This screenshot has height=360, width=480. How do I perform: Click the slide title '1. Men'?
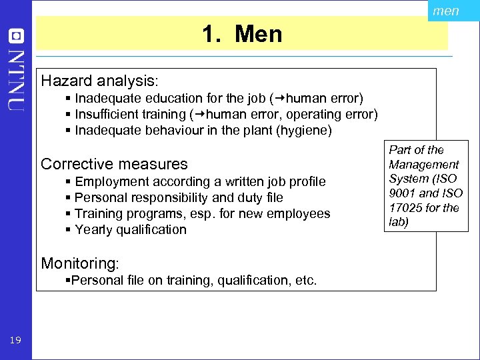tap(243, 34)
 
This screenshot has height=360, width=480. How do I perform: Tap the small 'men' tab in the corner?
tap(445, 11)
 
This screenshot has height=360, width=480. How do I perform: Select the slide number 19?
tap(15, 341)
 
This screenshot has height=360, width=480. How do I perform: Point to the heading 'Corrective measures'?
tap(115, 163)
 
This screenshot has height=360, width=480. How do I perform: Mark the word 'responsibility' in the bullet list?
tap(164, 197)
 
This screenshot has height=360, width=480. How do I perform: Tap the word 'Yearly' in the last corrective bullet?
tap(94, 229)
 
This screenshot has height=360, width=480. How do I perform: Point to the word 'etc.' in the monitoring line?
tap(305, 281)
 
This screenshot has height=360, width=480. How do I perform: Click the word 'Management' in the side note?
tap(424, 164)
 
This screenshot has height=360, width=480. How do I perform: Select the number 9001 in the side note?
tap(402, 193)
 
